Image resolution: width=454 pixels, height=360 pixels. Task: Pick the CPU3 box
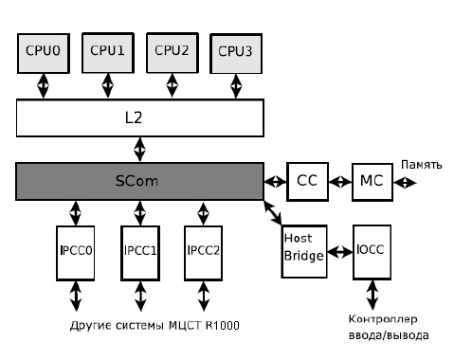point(236,54)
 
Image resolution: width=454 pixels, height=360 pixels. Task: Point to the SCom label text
point(139,180)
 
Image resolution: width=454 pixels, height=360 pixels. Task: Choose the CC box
point(306,180)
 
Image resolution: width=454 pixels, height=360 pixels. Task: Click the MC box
point(370,180)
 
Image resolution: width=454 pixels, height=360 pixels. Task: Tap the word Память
point(422,164)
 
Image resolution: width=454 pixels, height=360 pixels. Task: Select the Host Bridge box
point(303,249)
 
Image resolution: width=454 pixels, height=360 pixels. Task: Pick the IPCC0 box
point(76,253)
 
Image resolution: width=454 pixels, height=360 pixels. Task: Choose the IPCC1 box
point(139,253)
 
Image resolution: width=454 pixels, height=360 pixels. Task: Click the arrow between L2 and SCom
point(139,149)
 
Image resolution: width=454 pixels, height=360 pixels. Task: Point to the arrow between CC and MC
point(338,180)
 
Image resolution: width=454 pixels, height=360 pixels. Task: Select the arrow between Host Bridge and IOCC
point(338,255)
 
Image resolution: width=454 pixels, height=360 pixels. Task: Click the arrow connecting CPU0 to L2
point(42,86)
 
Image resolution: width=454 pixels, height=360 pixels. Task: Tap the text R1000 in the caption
point(223,327)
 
